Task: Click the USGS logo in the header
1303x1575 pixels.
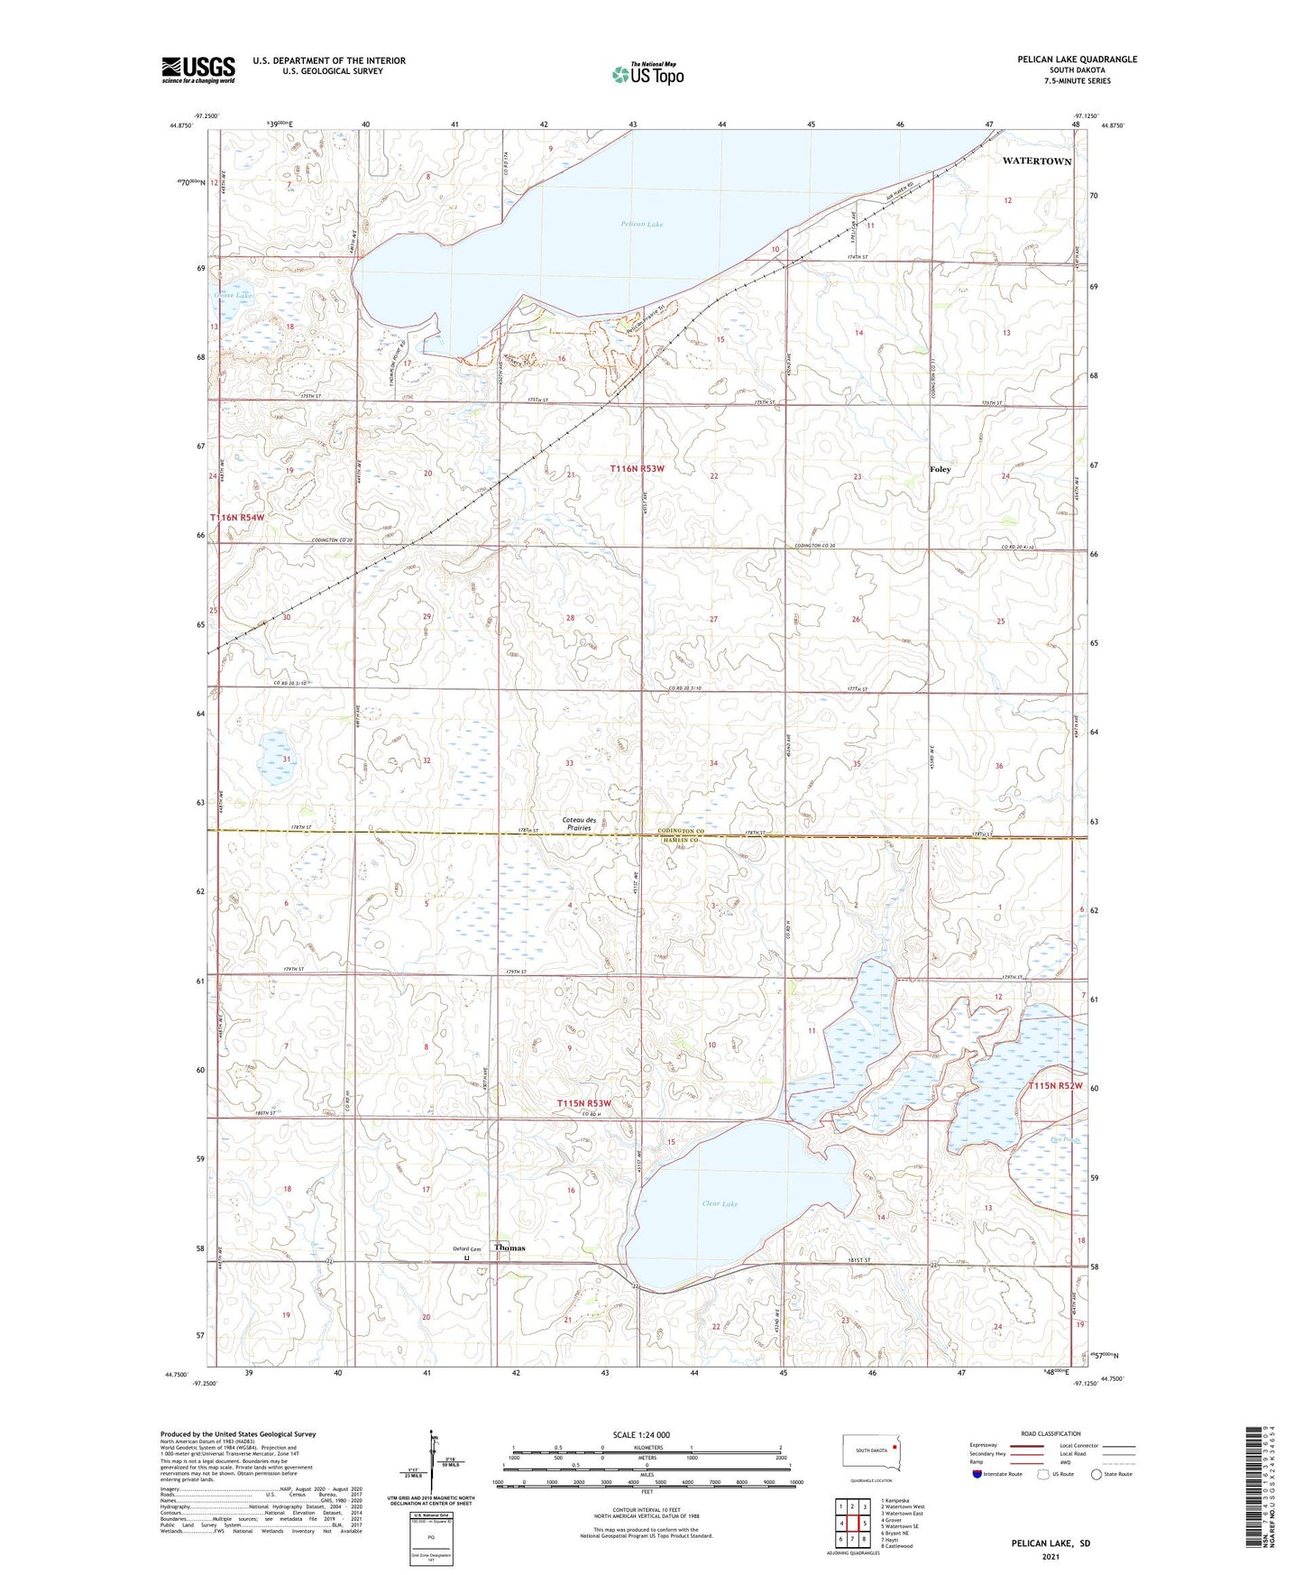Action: pyautogui.click(x=198, y=69)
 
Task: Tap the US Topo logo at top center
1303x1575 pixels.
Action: pyautogui.click(x=647, y=73)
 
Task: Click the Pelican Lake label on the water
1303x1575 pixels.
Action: pyautogui.click(x=641, y=224)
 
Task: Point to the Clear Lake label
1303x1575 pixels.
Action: pyautogui.click(x=720, y=1203)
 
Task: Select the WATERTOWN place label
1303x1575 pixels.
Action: pyautogui.click(x=1037, y=161)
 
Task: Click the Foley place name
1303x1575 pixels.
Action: pyautogui.click(x=940, y=469)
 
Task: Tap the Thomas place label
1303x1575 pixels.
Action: pyautogui.click(x=509, y=1248)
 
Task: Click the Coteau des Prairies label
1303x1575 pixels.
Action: pyautogui.click(x=579, y=823)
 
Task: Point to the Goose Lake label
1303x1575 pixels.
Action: pyautogui.click(x=233, y=295)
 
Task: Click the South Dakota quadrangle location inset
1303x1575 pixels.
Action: pyautogui.click(x=870, y=1451)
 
